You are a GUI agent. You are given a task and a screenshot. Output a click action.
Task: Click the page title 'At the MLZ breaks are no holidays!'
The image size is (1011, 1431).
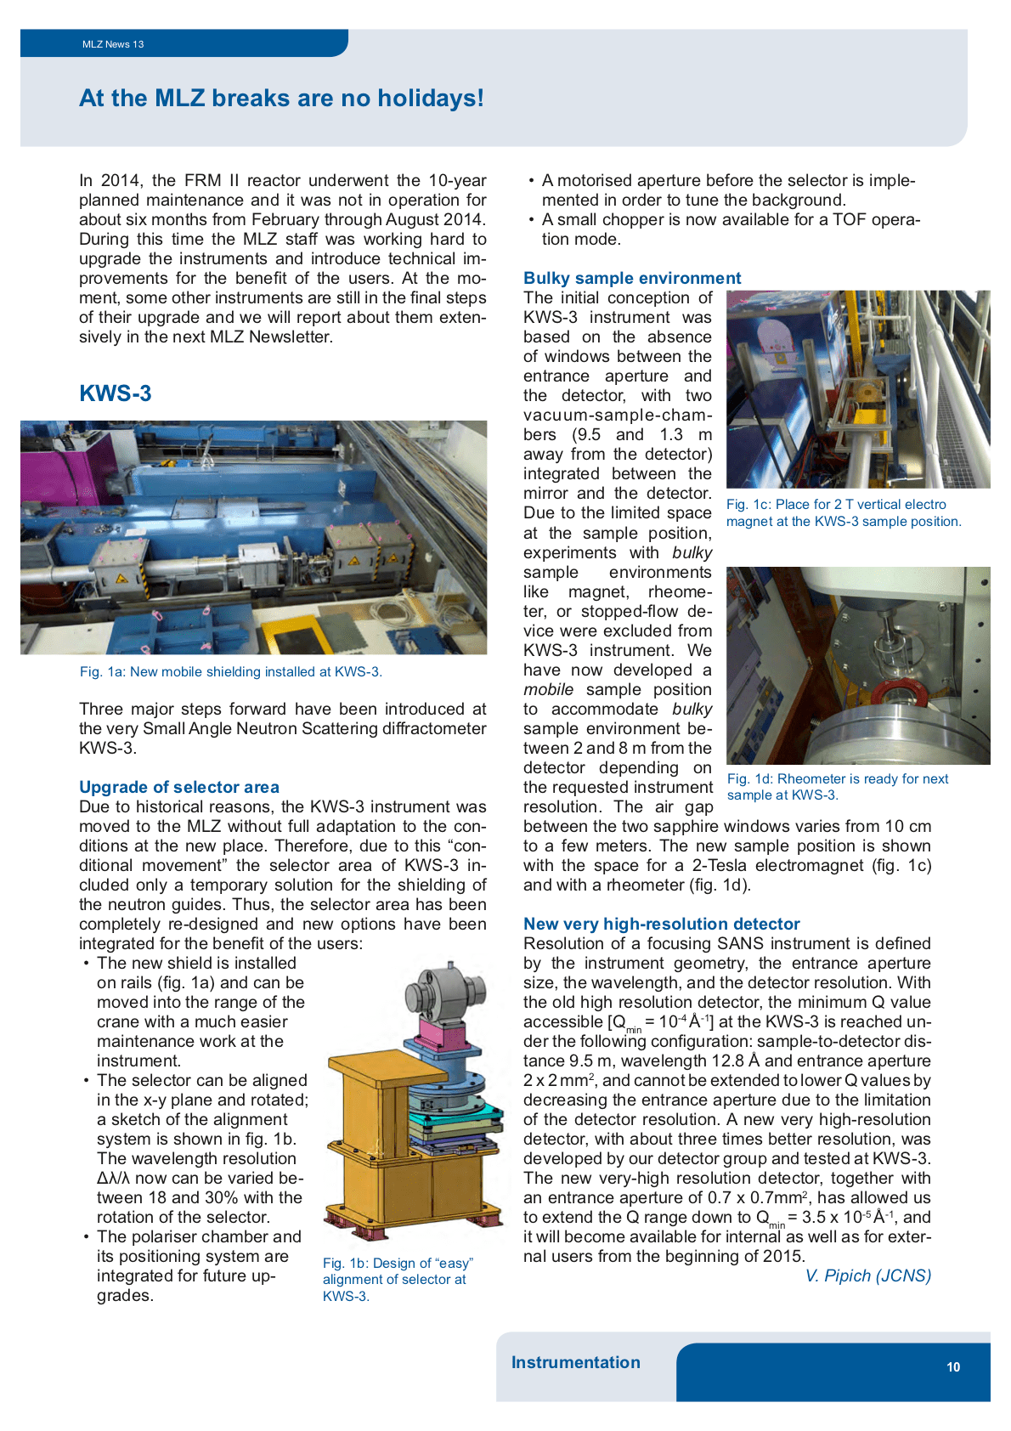tap(281, 99)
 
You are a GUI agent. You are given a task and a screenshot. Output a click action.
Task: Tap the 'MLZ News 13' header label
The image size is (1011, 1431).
tap(113, 44)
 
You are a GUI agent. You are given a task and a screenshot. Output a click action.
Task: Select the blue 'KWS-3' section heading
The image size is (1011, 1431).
tap(116, 393)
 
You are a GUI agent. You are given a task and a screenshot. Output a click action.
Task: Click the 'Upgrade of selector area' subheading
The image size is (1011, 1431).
tap(179, 787)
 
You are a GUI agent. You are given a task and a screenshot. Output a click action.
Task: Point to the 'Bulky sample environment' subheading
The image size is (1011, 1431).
tap(632, 278)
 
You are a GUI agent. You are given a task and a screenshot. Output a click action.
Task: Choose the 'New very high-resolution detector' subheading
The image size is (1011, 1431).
tap(662, 924)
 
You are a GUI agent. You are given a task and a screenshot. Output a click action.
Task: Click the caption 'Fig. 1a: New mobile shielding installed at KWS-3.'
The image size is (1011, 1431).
tap(231, 671)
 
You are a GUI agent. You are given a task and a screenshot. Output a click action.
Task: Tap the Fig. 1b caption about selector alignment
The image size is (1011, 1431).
tap(396, 1279)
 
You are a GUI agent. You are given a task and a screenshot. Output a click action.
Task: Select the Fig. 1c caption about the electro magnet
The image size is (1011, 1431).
tap(843, 512)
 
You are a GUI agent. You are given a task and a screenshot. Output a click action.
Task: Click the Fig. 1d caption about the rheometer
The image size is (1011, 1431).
tap(837, 786)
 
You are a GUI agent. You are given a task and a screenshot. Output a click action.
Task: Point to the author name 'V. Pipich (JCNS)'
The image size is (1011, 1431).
tap(867, 1275)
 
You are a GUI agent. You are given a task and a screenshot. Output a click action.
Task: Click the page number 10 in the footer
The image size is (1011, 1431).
tap(953, 1367)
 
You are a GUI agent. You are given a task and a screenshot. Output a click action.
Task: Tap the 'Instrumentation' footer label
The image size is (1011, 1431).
tap(576, 1362)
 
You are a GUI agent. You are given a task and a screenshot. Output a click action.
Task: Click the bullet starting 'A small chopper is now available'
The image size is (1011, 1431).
tap(731, 229)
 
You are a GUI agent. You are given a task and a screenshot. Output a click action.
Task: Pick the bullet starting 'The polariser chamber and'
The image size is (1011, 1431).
tap(199, 1266)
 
